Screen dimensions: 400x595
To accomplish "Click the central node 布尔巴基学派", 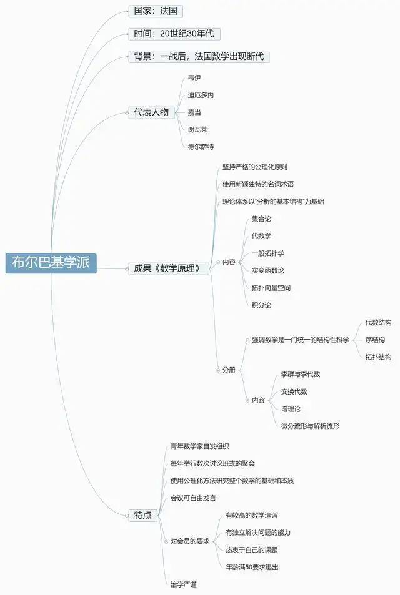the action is click(x=51, y=263).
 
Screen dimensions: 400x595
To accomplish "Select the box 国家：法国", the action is click(x=156, y=11).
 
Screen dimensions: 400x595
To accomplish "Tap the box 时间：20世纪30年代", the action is click(x=174, y=34).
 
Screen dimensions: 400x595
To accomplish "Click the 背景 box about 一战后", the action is click(x=199, y=57).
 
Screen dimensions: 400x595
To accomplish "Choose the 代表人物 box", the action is click(x=151, y=112).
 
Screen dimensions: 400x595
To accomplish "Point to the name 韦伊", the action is click(x=194, y=78).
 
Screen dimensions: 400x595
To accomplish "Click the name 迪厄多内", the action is click(x=201, y=95).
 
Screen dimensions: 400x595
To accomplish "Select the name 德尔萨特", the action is click(x=201, y=147).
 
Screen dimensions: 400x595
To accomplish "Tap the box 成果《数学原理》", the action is click(x=169, y=268).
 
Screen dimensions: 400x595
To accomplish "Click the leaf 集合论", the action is click(x=261, y=219).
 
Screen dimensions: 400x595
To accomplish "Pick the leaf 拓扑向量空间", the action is click(x=271, y=288).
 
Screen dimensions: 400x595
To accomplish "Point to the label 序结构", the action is click(x=375, y=340).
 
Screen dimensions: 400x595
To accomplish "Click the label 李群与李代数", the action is click(x=301, y=374).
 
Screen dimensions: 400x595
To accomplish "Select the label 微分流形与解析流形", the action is click(x=310, y=426).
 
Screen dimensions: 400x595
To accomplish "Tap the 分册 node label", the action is click(x=229, y=370).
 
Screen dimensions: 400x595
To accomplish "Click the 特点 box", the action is click(x=143, y=515).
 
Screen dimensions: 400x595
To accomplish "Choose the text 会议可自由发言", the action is click(x=193, y=498).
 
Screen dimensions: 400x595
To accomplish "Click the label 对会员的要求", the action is click(x=190, y=541).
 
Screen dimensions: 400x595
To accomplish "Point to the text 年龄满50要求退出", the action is click(x=252, y=567).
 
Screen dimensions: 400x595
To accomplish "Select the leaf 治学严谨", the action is click(x=184, y=584).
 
